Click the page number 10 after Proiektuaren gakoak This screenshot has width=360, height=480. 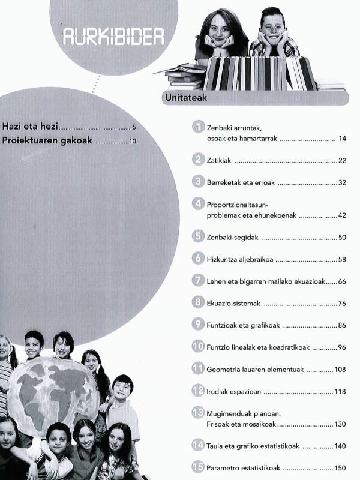click(133, 142)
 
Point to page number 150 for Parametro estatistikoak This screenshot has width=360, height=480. click(340, 468)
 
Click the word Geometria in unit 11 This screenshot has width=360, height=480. click(223, 369)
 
